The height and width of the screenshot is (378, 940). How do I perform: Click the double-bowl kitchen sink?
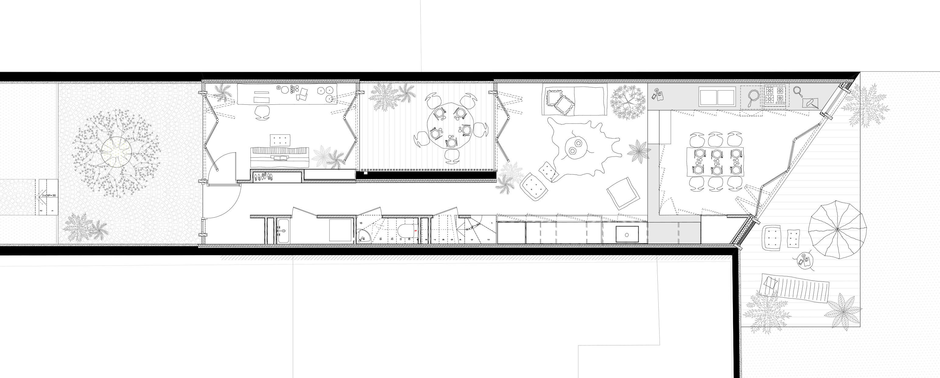click(717, 97)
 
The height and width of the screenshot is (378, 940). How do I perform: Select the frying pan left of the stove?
click(751, 97)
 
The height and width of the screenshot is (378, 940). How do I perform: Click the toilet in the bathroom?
click(407, 231)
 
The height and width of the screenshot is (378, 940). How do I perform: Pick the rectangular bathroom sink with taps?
click(283, 231)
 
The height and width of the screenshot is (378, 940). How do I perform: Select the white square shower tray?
click(340, 230)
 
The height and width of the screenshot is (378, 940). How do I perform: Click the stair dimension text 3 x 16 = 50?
click(48, 196)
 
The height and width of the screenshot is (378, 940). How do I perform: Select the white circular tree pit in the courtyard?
click(116, 152)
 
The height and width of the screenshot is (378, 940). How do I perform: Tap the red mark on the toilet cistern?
click(416, 231)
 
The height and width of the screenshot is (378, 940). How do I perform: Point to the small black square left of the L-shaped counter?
click(627, 234)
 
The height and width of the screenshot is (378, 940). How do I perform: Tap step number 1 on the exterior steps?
click(53, 211)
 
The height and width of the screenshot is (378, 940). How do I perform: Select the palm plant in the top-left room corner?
click(222, 93)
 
